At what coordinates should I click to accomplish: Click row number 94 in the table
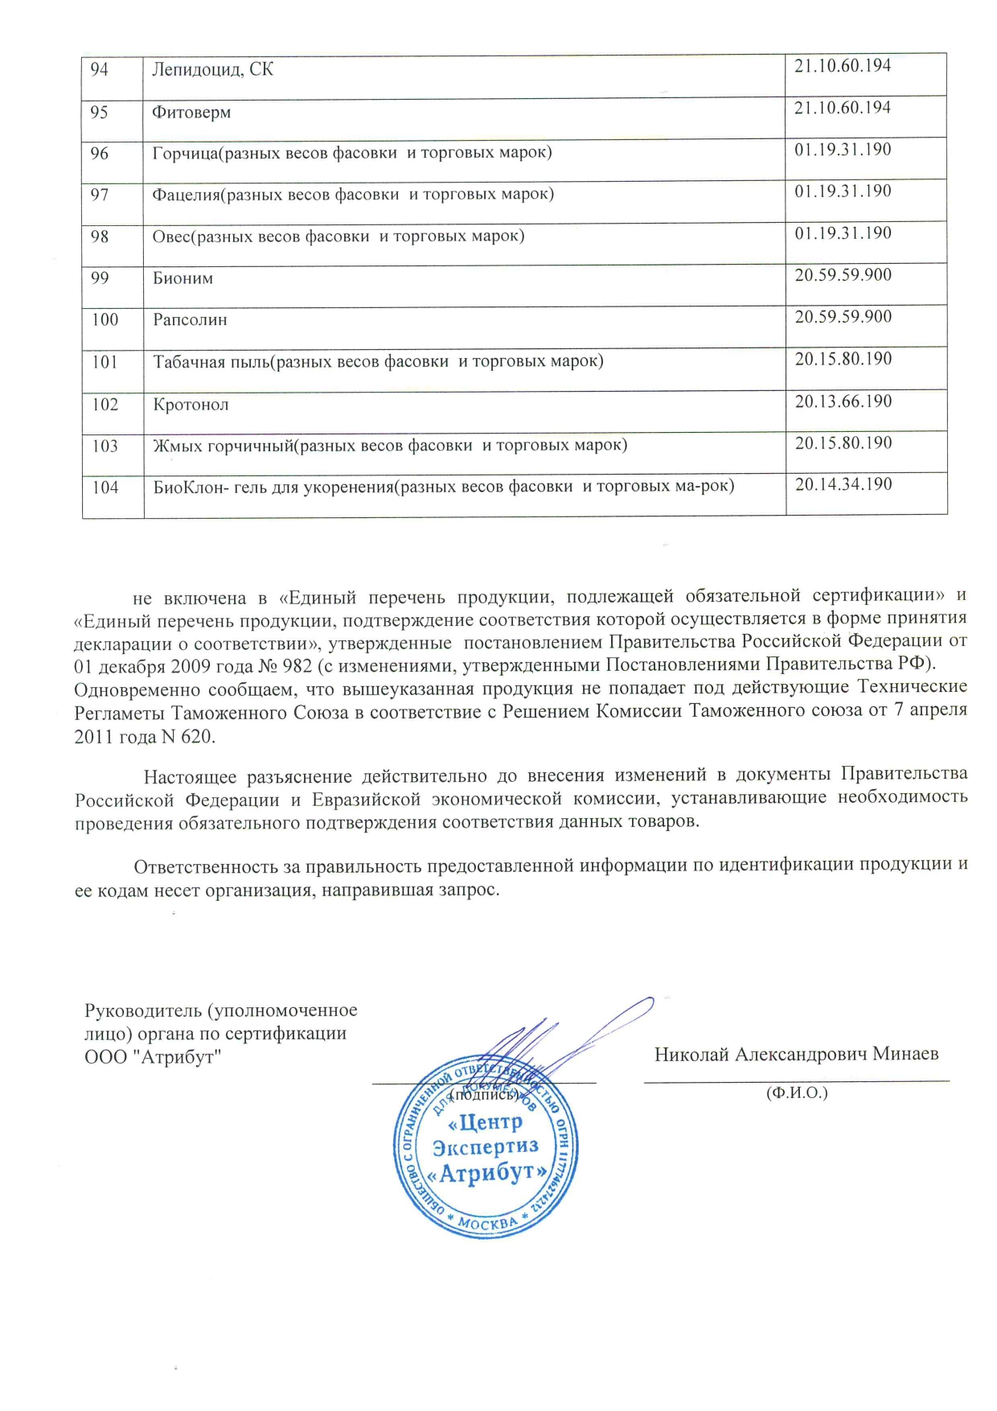coord(99,70)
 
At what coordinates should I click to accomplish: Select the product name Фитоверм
coord(191,112)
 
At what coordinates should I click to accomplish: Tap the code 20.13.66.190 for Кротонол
coord(843,401)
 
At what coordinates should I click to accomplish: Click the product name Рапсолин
coord(190,320)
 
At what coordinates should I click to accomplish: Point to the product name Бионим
coord(183,278)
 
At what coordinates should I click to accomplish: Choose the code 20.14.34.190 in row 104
coord(843,484)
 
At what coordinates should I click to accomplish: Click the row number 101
coord(105,362)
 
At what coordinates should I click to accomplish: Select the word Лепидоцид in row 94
coord(196,70)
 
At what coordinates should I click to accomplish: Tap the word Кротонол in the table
coord(191,405)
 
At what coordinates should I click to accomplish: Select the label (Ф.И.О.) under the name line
coord(797,1092)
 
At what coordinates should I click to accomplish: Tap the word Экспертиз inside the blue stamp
coord(485,1146)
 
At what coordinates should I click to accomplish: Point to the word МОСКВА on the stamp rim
coord(488,1224)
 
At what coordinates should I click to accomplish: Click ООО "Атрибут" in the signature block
coord(153,1056)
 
